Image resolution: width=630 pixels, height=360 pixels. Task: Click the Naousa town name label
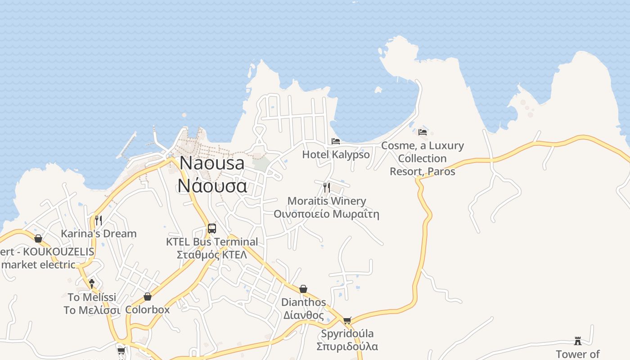click(x=212, y=163)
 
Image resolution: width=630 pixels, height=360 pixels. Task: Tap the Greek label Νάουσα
click(x=212, y=185)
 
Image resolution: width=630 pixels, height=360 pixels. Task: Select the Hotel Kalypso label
click(x=336, y=154)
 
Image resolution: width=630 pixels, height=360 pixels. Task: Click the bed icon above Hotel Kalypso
click(x=336, y=141)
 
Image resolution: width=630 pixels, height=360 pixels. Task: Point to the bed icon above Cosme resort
click(x=423, y=132)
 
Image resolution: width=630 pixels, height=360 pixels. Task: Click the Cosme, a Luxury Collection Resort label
click(x=422, y=158)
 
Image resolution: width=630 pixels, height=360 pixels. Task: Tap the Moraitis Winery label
click(x=327, y=201)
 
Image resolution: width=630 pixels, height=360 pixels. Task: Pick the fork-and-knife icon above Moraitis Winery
click(x=327, y=187)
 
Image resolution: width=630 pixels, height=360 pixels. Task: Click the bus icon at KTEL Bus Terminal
click(x=212, y=228)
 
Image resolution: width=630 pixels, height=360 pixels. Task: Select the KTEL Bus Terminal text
click(x=212, y=242)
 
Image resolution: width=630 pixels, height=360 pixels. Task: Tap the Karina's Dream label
click(x=99, y=234)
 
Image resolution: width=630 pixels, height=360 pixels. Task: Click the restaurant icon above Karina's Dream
click(x=99, y=220)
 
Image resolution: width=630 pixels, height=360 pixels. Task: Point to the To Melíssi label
click(x=92, y=297)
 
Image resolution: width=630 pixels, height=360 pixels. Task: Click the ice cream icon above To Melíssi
click(x=92, y=283)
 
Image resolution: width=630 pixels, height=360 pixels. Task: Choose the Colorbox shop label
click(x=148, y=310)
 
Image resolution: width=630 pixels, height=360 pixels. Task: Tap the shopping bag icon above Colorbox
click(x=148, y=297)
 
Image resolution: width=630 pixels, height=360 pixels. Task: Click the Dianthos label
click(x=303, y=302)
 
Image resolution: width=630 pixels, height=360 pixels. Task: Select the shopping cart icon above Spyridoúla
click(x=347, y=320)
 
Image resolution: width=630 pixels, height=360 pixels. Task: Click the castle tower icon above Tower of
click(x=578, y=341)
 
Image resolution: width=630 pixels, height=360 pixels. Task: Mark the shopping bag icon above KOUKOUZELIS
click(x=38, y=238)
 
